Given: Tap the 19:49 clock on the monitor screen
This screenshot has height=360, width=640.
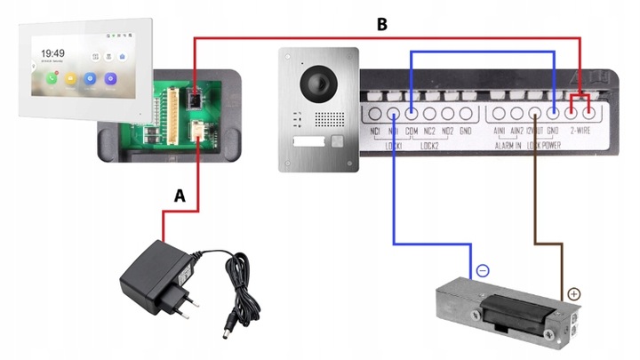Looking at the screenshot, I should point(52,53).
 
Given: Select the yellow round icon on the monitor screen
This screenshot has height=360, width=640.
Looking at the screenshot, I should point(70,78).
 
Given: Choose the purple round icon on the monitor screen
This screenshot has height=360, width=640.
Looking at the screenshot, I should point(111,78).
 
